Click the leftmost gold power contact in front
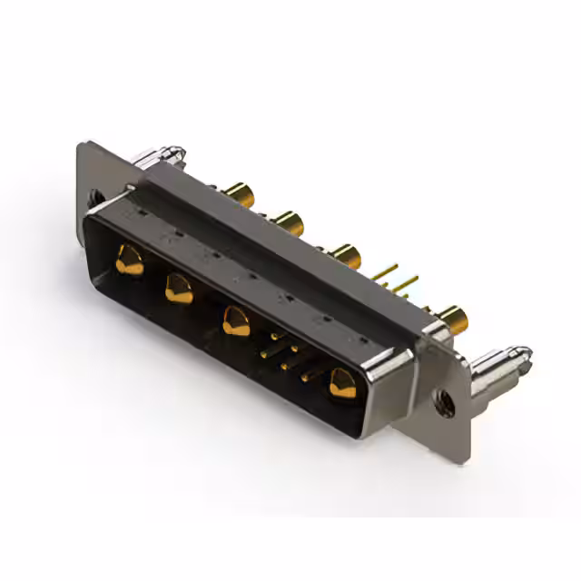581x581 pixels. pyautogui.click(x=129, y=262)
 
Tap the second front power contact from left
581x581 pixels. pyautogui.click(x=178, y=289)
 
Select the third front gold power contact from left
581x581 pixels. pyautogui.click(x=236, y=320)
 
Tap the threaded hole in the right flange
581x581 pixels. pyautogui.click(x=444, y=400)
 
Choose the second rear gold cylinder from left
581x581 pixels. pyautogui.click(x=289, y=221)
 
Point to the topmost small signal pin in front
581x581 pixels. pyautogui.click(x=276, y=337)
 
